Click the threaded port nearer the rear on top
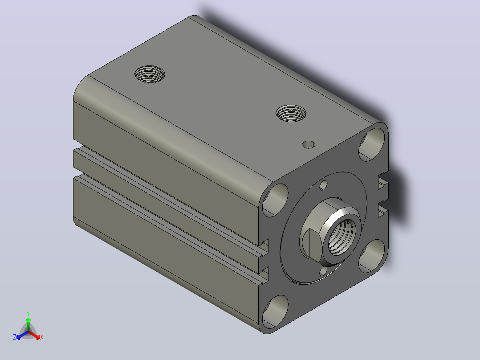150,74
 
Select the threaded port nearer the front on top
291,113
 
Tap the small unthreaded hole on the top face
309,145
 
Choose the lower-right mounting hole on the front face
372,256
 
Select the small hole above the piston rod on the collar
324,185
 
